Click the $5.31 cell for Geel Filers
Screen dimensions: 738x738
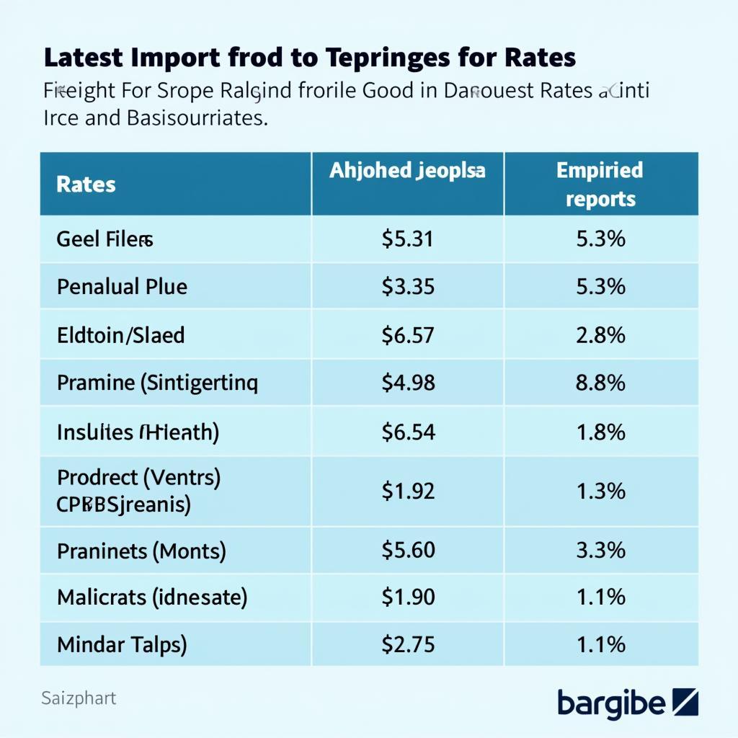pos(408,239)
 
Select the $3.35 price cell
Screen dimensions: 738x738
pos(408,287)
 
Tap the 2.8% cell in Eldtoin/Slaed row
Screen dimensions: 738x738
pos(601,334)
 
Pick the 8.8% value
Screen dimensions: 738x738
pos(601,382)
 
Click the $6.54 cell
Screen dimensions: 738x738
pos(408,432)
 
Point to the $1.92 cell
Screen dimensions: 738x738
pos(408,491)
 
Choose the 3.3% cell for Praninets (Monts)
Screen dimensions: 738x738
pos(601,551)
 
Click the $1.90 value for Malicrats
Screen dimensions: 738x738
pos(408,597)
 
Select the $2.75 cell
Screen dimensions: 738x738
pos(408,644)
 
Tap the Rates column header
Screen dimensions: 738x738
pos(86,184)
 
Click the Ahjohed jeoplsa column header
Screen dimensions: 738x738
pos(408,171)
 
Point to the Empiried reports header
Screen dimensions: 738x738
pos(600,184)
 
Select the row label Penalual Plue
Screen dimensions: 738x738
pos(122,287)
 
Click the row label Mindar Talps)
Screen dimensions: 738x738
pos(122,644)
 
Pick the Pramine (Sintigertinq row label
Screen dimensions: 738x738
pos(157,382)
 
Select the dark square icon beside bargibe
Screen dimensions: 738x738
pos(685,701)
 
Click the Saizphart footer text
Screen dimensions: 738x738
pos(79,698)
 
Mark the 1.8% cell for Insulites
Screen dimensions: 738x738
pos(601,432)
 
